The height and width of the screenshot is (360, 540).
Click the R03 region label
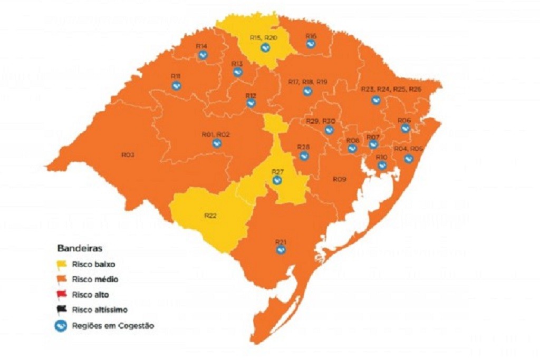(128, 155)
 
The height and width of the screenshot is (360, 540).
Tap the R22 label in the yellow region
(210, 215)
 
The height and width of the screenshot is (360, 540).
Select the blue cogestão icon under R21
(281, 250)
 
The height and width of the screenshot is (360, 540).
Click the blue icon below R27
(277, 180)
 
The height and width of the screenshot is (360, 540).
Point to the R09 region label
(339, 180)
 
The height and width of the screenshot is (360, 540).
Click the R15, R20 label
(263, 38)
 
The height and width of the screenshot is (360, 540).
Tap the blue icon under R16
(311, 44)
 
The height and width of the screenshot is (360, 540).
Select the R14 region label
(201, 46)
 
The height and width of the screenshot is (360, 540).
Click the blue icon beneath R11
(176, 85)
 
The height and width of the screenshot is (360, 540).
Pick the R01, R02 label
(216, 134)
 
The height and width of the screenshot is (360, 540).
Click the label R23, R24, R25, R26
(391, 89)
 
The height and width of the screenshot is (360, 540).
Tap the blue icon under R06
(405, 128)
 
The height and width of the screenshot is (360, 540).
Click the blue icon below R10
(382, 166)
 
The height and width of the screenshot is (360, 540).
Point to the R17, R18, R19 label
(307, 82)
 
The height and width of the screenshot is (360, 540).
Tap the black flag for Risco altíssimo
(62, 310)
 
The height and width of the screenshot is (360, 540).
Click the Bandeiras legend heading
(80, 247)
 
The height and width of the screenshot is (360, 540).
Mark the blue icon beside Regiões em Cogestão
(61, 326)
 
